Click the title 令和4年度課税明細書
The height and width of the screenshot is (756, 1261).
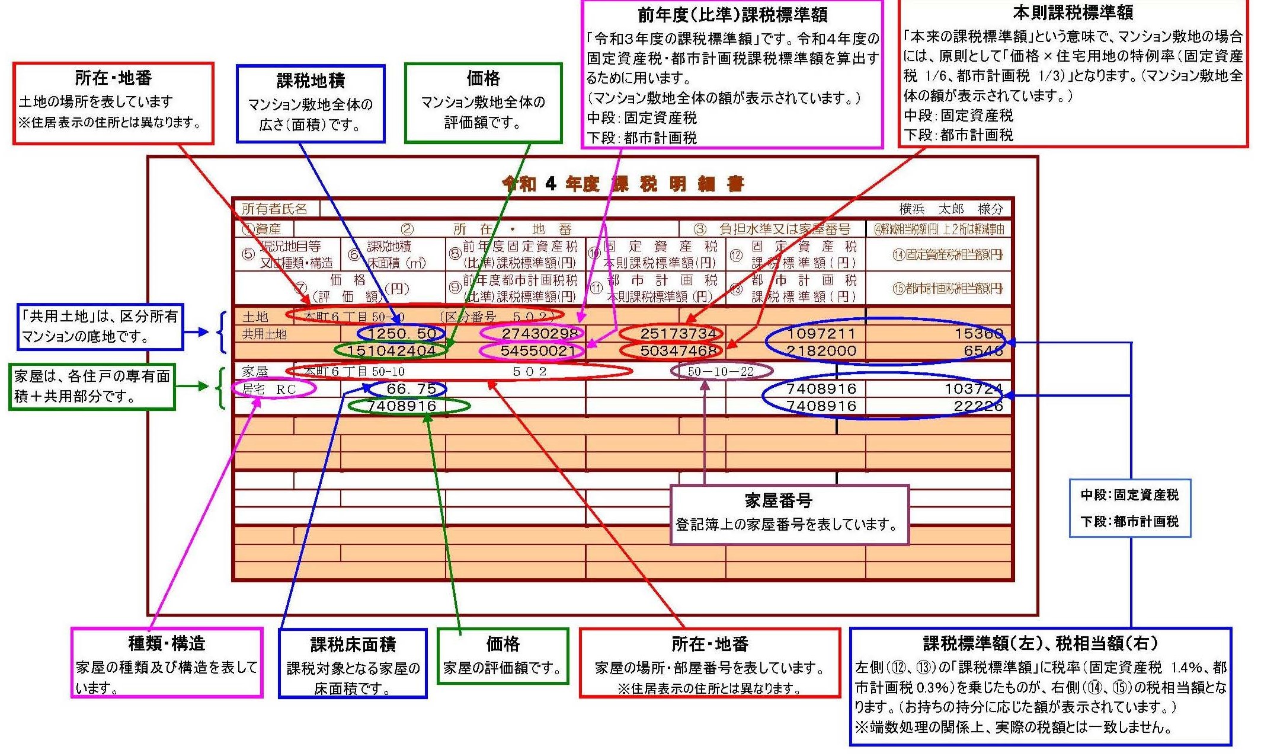622,184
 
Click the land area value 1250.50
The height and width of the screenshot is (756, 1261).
402,334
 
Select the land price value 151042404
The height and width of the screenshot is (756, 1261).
391,350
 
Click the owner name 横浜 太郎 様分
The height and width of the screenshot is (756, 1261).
950,209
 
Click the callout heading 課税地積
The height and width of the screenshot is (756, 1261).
311,80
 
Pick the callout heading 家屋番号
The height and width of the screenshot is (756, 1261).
778,501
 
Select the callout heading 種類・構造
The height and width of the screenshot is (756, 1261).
167,643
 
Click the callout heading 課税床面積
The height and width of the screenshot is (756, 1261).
353,645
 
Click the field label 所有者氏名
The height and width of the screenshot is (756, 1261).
274,209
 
